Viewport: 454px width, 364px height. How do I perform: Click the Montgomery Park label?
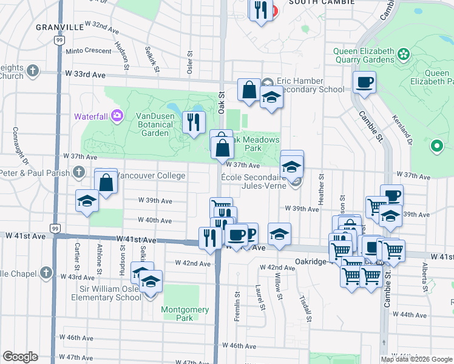[185, 314]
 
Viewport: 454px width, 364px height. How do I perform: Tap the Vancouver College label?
[150, 175]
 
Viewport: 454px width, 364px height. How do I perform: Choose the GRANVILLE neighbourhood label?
[59, 27]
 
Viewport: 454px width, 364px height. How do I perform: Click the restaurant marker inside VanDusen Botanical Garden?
[194, 122]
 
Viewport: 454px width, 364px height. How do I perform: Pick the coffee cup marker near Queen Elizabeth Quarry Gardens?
[365, 83]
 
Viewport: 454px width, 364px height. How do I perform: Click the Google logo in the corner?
[20, 357]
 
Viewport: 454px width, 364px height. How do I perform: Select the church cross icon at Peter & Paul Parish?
[78, 173]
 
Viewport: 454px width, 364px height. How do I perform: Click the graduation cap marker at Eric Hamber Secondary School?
[271, 97]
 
